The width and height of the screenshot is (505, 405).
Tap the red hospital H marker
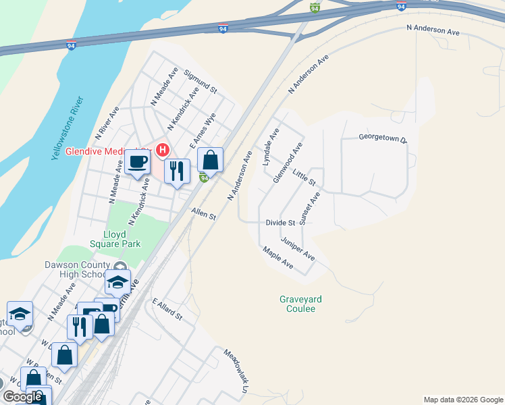click(x=162, y=149)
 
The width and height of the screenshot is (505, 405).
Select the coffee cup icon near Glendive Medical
click(x=137, y=162)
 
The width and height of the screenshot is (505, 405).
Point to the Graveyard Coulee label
click(x=298, y=304)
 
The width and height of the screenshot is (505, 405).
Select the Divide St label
click(x=281, y=222)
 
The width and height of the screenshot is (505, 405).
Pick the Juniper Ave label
click(x=298, y=248)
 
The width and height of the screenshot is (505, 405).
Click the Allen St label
click(x=203, y=215)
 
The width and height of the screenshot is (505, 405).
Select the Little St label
click(x=304, y=178)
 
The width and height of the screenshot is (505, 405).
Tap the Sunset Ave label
click(x=309, y=209)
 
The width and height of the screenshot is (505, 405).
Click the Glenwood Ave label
click(x=287, y=163)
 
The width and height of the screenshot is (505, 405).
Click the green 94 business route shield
click(x=204, y=178)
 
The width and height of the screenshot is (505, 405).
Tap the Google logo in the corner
click(x=22, y=397)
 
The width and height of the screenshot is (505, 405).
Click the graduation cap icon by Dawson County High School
click(x=117, y=281)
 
